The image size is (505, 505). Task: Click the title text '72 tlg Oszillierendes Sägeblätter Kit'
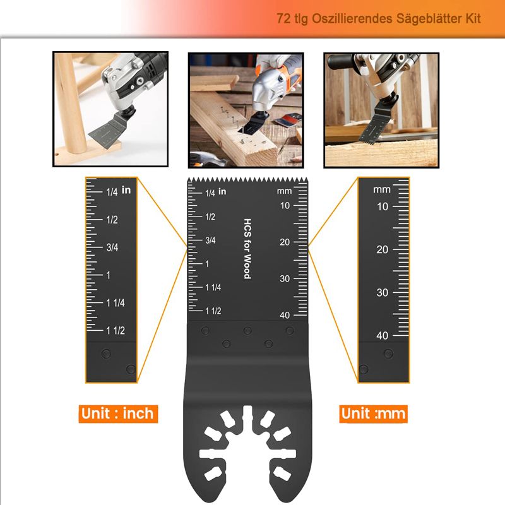pyautogui.click(x=378, y=19)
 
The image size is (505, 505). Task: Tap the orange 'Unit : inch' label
pyautogui.click(x=118, y=414)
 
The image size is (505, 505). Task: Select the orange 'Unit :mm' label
pyautogui.click(x=373, y=414)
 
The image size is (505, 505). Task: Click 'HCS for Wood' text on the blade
pyautogui.click(x=247, y=249)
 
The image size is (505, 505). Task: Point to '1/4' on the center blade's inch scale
pyautogui.click(x=210, y=193)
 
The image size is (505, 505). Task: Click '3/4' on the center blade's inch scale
pyautogui.click(x=210, y=240)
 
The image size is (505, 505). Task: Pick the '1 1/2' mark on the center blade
pyautogui.click(x=213, y=311)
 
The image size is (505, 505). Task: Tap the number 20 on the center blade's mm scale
pyautogui.click(x=285, y=242)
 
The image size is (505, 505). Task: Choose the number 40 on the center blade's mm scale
pyautogui.click(x=285, y=315)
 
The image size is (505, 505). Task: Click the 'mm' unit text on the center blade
pyautogui.click(x=285, y=191)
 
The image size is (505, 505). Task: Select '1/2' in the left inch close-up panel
pyautogui.click(x=112, y=220)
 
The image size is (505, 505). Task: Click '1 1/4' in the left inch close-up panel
pyautogui.click(x=116, y=303)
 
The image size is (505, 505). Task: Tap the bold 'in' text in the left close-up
pyautogui.click(x=126, y=190)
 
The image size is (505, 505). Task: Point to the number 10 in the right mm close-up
pyautogui.click(x=383, y=206)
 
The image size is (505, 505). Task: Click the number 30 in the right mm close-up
pyautogui.click(x=383, y=292)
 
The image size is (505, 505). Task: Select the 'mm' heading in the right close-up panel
pyautogui.click(x=382, y=190)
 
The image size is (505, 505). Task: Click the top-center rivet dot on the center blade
pyautogui.click(x=247, y=330)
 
